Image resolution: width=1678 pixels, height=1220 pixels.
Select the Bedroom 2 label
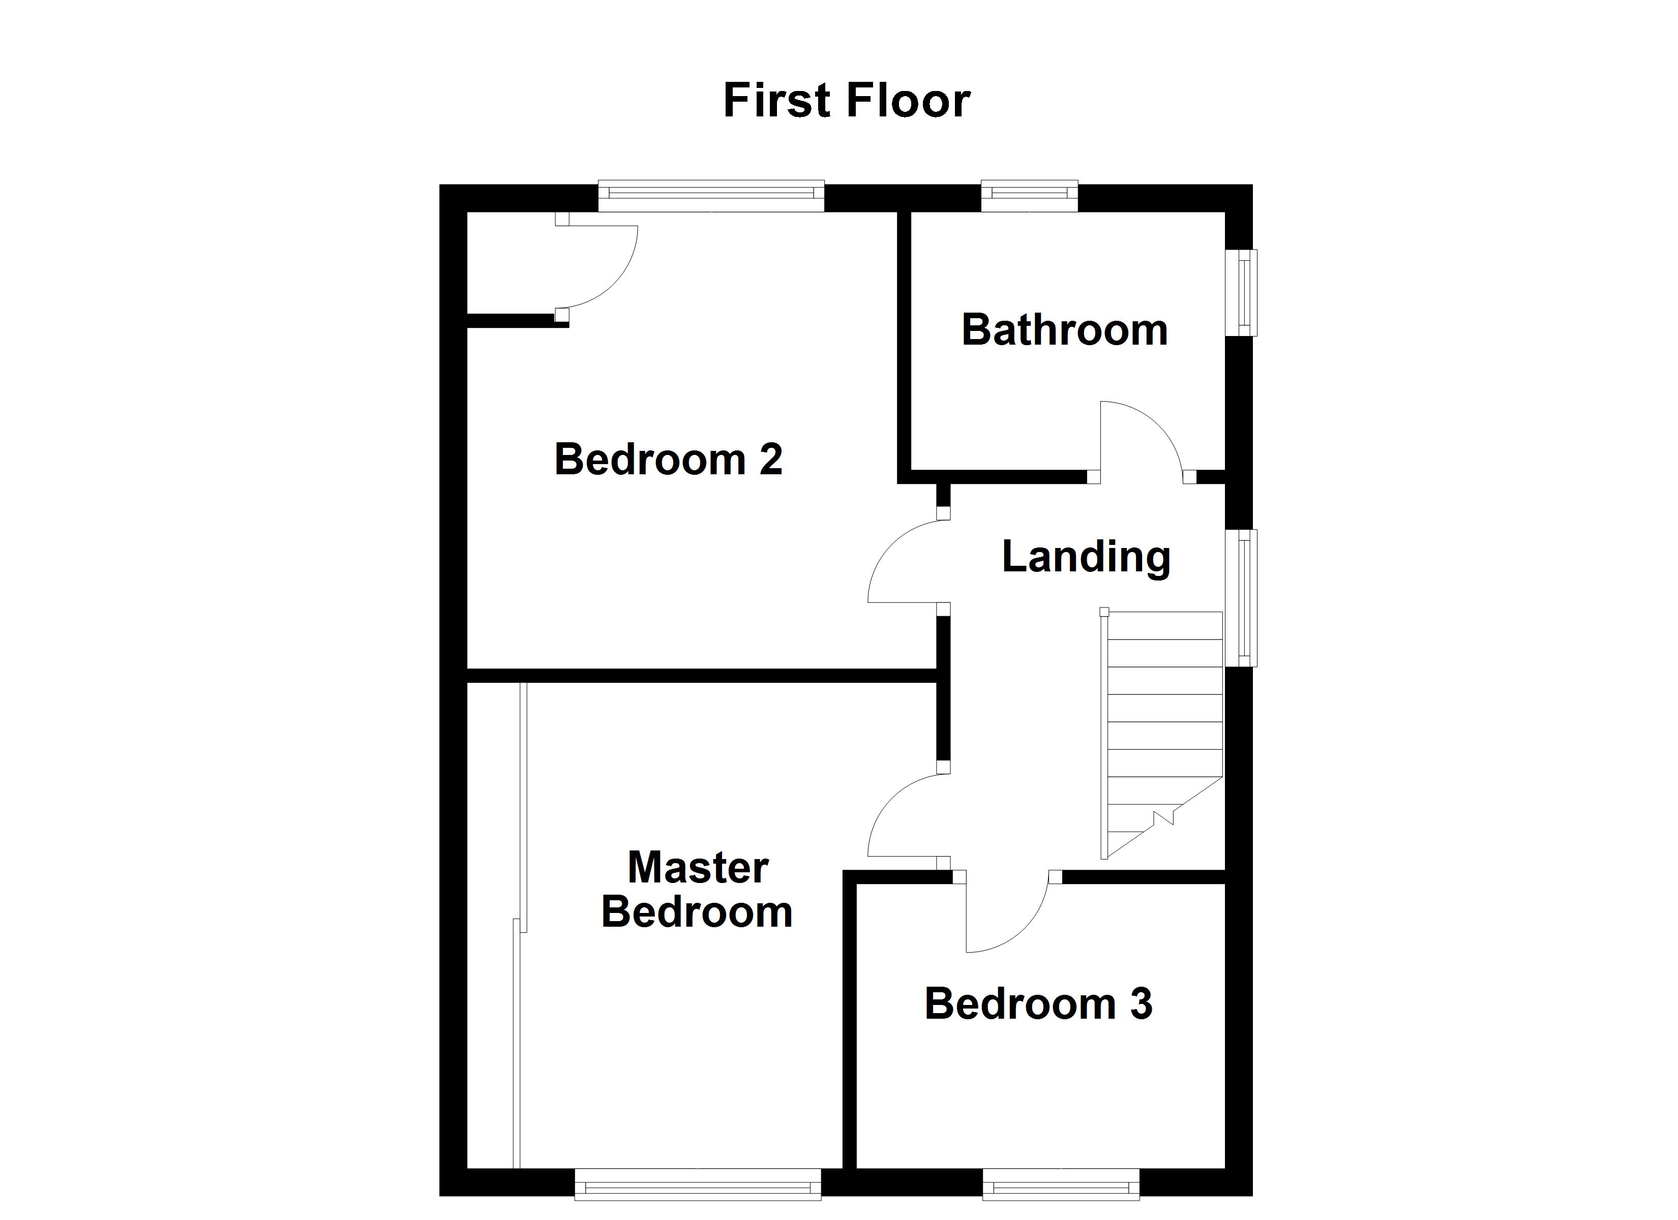point(668,460)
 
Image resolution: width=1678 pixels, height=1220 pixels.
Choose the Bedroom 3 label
point(1037,1004)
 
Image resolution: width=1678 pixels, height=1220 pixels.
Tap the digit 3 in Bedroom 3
point(1141,1004)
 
